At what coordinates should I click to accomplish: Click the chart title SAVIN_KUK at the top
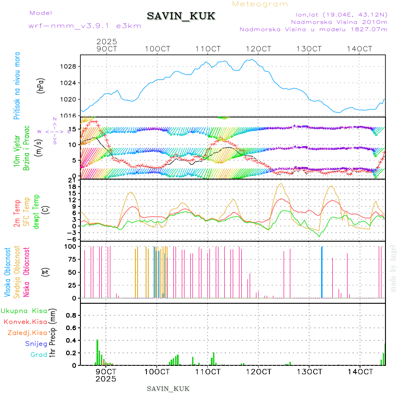coord(181,17)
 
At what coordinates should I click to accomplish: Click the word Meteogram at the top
coord(260,4)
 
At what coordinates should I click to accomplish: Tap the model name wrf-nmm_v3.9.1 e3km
coord(85,26)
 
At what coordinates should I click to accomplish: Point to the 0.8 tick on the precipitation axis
coord(71,315)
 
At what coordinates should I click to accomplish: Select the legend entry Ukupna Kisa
coord(24,310)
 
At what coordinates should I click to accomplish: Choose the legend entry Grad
coord(38,355)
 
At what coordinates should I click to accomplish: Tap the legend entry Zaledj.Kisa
coord(27,332)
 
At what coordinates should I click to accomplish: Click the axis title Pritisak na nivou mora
coord(17,86)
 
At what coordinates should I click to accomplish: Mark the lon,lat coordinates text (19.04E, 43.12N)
coord(338,14)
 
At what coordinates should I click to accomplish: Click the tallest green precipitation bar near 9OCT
coord(97,352)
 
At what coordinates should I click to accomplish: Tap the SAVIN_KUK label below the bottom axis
coord(168,389)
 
